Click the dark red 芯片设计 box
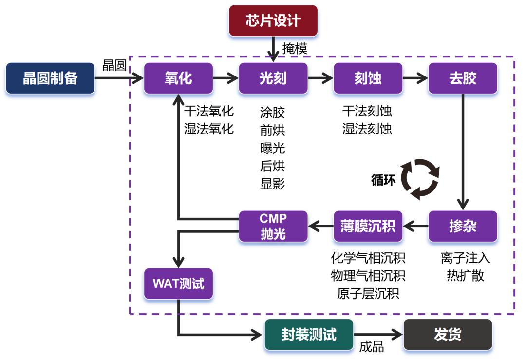(x=273, y=21)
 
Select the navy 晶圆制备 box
(x=50, y=78)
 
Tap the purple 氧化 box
(x=178, y=78)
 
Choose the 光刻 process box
(x=273, y=78)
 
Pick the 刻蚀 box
(x=368, y=78)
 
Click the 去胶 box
(x=463, y=78)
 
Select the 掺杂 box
(x=463, y=227)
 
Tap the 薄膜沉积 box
(x=368, y=227)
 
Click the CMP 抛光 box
(x=273, y=227)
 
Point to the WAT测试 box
(x=178, y=284)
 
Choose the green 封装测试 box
(x=309, y=335)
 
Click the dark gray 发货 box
(x=448, y=335)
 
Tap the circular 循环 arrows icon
(x=419, y=180)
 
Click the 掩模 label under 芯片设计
(x=295, y=49)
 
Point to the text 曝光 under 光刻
(x=273, y=148)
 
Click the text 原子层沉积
(x=368, y=294)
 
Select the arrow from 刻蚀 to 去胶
(x=414, y=77)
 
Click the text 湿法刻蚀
(x=367, y=129)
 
